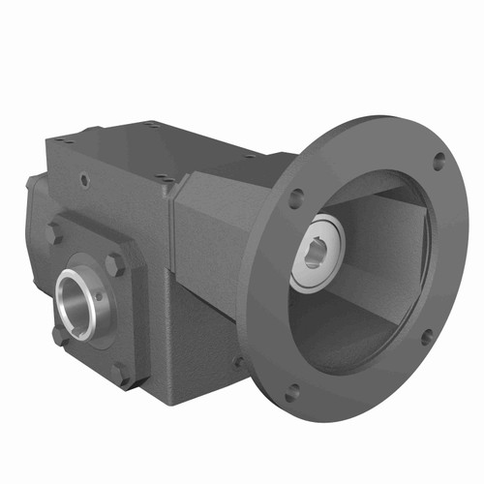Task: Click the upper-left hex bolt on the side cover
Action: click(55, 233)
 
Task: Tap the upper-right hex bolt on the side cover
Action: click(116, 263)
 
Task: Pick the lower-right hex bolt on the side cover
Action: click(120, 373)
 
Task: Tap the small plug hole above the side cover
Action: click(85, 180)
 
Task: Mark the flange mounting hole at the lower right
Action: click(427, 336)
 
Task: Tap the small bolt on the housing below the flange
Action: click(238, 362)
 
